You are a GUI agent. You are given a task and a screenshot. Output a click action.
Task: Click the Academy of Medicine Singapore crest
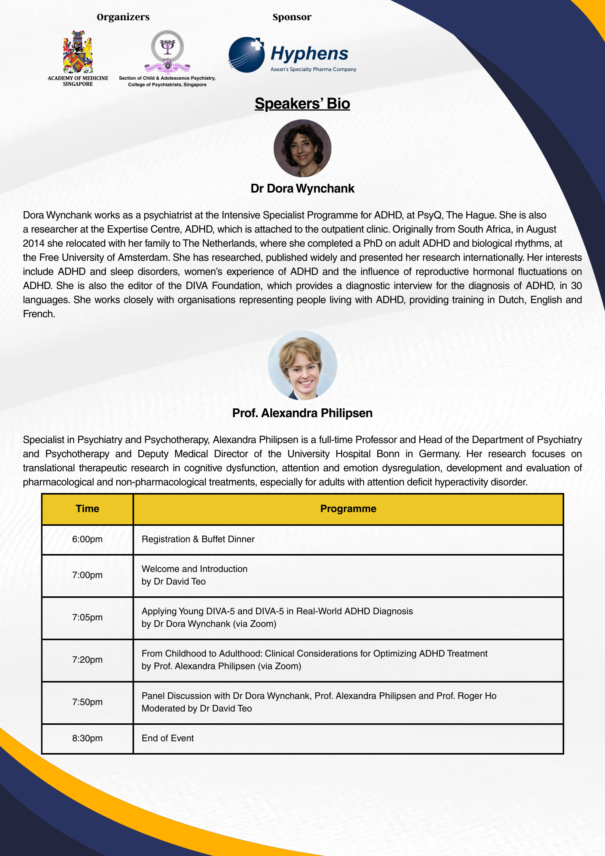(x=78, y=52)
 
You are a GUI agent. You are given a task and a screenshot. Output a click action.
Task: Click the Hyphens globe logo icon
(x=246, y=55)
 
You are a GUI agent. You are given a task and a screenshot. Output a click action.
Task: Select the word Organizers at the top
(x=123, y=17)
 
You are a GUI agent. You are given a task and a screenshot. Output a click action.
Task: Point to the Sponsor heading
(x=292, y=17)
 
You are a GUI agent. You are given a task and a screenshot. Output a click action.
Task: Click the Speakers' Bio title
(x=302, y=104)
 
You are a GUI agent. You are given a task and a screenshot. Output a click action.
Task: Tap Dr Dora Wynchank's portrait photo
(x=302, y=148)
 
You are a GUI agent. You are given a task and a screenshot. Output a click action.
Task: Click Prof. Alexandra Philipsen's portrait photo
(x=302, y=365)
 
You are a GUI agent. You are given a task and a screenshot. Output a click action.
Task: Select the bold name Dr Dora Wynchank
(x=302, y=188)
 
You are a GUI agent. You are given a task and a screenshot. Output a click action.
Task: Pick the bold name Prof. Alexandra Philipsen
(x=302, y=413)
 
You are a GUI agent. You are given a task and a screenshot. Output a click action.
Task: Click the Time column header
(x=87, y=509)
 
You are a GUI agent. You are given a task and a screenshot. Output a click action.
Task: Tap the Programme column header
(x=348, y=509)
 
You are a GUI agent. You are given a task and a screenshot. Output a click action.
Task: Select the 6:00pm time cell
(x=87, y=539)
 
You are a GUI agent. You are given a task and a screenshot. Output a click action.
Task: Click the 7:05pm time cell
(x=87, y=617)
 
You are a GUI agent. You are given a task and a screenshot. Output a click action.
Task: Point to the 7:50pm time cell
(x=87, y=702)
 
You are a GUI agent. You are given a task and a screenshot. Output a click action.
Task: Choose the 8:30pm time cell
(x=87, y=738)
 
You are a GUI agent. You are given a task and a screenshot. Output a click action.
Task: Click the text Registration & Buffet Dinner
(x=198, y=539)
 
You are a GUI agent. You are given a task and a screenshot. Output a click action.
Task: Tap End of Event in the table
(x=168, y=738)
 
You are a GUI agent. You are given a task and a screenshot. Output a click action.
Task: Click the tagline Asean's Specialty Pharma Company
(x=313, y=69)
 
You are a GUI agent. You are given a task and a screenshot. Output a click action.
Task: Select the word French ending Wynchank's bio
(x=39, y=314)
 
